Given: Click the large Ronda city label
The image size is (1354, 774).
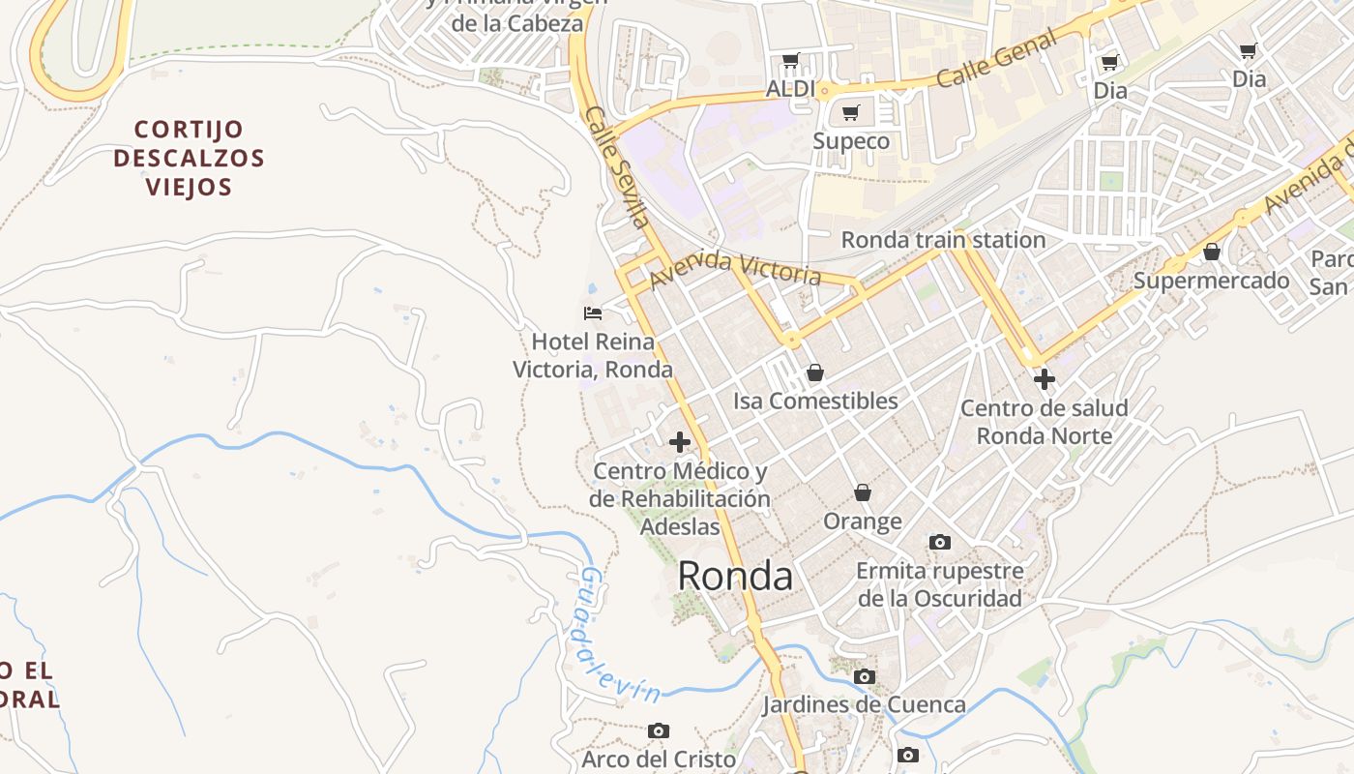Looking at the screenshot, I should click(x=735, y=576).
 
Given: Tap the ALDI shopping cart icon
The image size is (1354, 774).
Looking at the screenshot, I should click(x=790, y=61).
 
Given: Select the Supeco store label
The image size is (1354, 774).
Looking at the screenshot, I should click(x=851, y=141).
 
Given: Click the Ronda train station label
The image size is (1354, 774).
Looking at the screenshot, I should click(x=943, y=240).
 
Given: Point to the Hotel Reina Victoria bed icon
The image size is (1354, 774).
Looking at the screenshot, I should click(x=593, y=313).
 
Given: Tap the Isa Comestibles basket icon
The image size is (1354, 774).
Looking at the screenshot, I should click(x=815, y=372).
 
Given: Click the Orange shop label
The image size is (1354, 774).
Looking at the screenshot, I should click(x=863, y=521).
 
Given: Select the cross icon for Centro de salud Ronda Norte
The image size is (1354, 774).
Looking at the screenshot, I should click(x=1044, y=378).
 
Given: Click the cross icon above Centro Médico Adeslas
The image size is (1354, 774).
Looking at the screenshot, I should click(x=680, y=442).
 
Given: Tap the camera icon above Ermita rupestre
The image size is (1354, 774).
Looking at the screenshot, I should click(x=939, y=542).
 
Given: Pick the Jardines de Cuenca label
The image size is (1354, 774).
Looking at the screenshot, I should click(x=864, y=704).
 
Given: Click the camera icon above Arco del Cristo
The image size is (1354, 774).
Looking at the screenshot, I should click(x=659, y=730).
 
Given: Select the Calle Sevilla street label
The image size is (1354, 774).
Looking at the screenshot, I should click(x=617, y=166).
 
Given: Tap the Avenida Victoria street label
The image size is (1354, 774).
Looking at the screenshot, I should click(x=735, y=271).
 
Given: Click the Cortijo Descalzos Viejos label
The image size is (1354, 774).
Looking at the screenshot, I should click(x=189, y=158).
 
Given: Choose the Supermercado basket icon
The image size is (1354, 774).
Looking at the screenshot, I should click(x=1212, y=253).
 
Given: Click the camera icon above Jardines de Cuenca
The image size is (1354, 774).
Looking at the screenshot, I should click(x=865, y=676).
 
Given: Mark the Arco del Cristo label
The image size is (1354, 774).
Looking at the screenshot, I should click(x=659, y=759).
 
